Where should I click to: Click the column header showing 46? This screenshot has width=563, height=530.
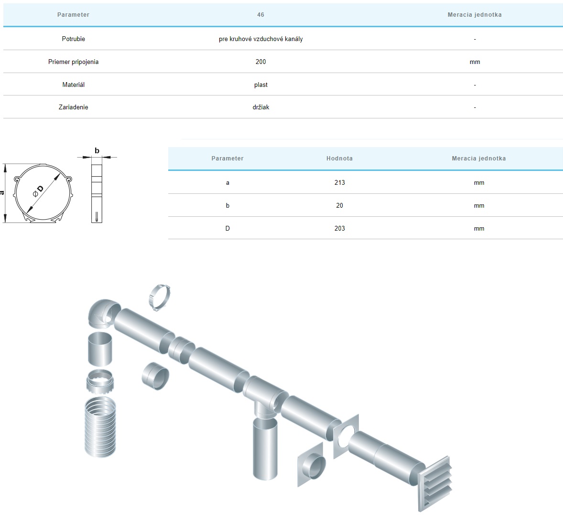(x=260, y=15)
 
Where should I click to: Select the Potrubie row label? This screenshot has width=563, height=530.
(x=73, y=39)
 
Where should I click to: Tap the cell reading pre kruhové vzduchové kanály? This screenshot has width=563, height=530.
(x=260, y=39)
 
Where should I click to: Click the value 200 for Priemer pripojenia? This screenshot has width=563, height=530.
(x=260, y=62)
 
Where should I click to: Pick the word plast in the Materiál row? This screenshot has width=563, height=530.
(x=260, y=85)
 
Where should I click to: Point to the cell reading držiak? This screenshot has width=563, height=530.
(x=260, y=107)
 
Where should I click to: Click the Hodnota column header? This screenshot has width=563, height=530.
(x=339, y=158)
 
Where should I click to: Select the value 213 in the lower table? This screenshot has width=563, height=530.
(x=339, y=182)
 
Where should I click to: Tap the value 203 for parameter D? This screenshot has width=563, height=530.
(x=339, y=228)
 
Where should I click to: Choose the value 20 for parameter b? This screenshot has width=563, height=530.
(x=339, y=205)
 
